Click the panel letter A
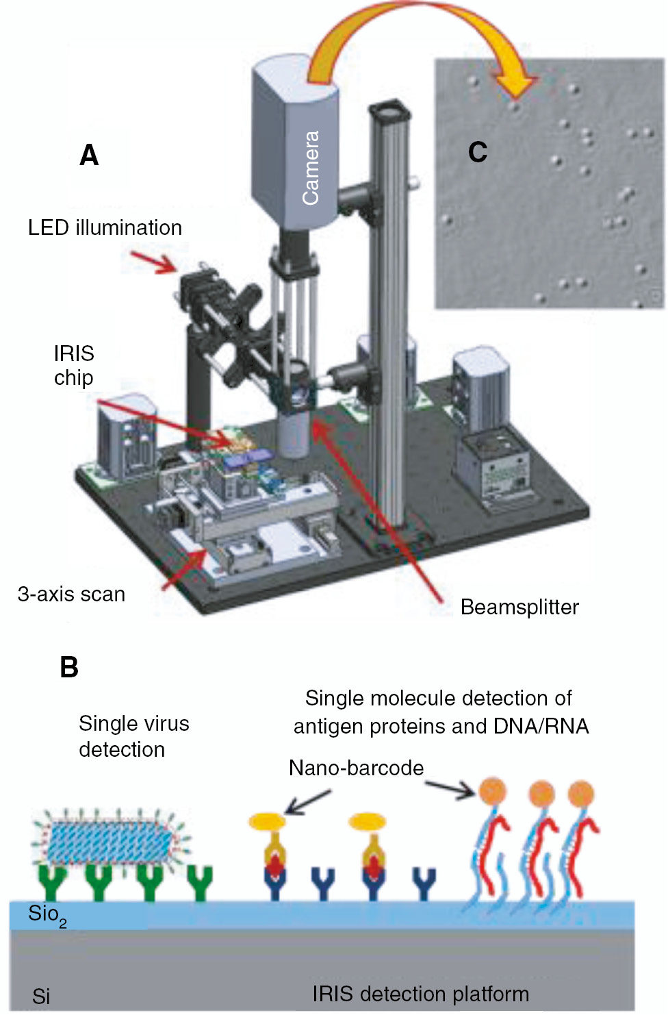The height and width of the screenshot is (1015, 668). click(89, 155)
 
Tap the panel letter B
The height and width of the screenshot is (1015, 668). click(69, 668)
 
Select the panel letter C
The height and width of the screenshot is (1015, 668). click(477, 152)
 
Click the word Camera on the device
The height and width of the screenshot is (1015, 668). click(311, 168)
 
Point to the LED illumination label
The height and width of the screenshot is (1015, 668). click(105, 227)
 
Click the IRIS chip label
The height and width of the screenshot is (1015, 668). click(74, 365)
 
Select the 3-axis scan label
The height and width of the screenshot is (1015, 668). click(71, 594)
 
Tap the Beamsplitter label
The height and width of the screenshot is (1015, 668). click(519, 607)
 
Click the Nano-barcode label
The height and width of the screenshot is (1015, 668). click(356, 768)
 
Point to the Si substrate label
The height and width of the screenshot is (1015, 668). click(41, 997)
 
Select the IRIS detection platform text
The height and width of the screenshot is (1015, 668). click(421, 994)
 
